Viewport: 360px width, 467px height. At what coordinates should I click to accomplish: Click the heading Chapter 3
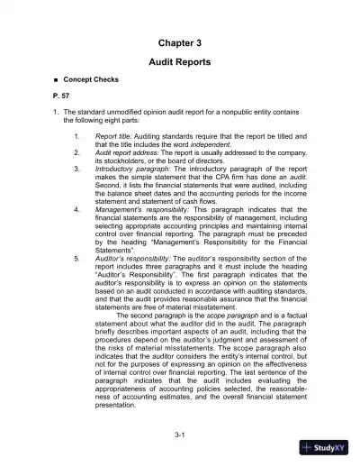coord(179,42)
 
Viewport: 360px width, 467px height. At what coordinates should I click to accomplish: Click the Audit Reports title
coord(179,63)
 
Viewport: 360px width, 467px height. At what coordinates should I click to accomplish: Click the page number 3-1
coord(180,435)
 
